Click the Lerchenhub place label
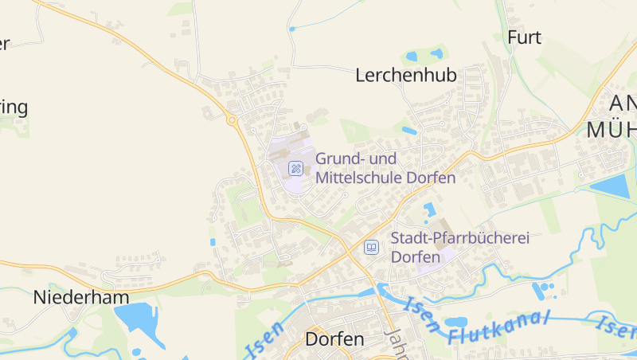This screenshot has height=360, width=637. click(406, 76)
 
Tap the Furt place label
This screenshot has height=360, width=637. click(524, 37)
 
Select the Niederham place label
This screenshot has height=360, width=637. click(81, 297)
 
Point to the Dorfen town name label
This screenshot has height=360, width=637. click(334, 338)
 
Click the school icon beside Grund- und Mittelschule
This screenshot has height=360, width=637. click(295, 168)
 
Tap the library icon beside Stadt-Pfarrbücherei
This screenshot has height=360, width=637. click(371, 247)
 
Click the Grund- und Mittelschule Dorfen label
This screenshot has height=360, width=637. click(385, 168)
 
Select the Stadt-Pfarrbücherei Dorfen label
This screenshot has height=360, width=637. click(460, 248)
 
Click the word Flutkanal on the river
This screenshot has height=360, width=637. click(499, 327)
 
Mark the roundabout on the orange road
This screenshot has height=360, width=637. click(232, 120)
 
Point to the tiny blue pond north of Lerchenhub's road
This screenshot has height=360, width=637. click(291, 29)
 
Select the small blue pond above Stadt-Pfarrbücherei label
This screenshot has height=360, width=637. click(430, 209)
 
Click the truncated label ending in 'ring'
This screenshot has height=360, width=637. click(14, 108)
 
